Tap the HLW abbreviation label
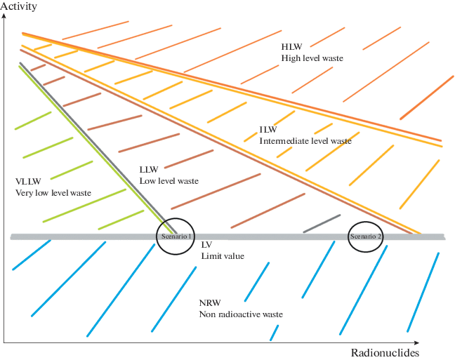coord(292,46)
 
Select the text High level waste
coord(312,58)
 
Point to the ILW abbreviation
coord(268,130)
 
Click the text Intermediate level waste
coord(305,141)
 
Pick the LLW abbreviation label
coord(149,170)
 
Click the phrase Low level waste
coord(169,181)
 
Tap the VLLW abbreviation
coord(27,181)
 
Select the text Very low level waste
coord(53,192)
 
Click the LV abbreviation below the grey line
coord(206,245)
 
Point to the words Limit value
coord(223,256)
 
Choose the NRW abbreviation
coord(210,302)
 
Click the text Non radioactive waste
coord(241,314)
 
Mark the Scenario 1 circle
coord(174,236)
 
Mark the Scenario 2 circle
coord(365,237)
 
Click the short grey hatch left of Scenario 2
coord(321,223)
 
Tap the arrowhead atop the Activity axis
coord(4,15)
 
